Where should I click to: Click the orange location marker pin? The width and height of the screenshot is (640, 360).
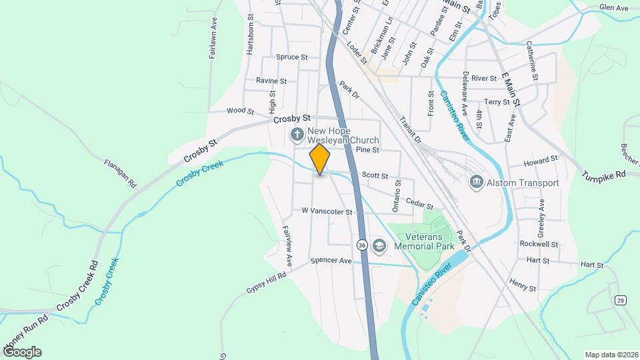tap(320, 159)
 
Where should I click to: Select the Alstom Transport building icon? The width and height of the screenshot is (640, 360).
tap(477, 181)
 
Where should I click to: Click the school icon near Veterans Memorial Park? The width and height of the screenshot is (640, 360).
tap(379, 246)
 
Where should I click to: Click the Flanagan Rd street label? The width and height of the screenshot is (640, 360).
tap(120, 172)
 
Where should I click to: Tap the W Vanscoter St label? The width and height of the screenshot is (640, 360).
tap(327, 211)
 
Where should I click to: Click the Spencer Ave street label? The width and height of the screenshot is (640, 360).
tap(331, 261)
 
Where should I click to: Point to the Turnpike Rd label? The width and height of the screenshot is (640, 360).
tap(603, 175)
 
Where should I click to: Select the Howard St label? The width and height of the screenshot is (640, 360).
tap(540, 161)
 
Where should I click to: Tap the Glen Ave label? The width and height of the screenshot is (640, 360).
tap(613, 8)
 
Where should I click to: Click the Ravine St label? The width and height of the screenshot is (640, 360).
tap(271, 81)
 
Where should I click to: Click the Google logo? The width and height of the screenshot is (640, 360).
tap(21, 351)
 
